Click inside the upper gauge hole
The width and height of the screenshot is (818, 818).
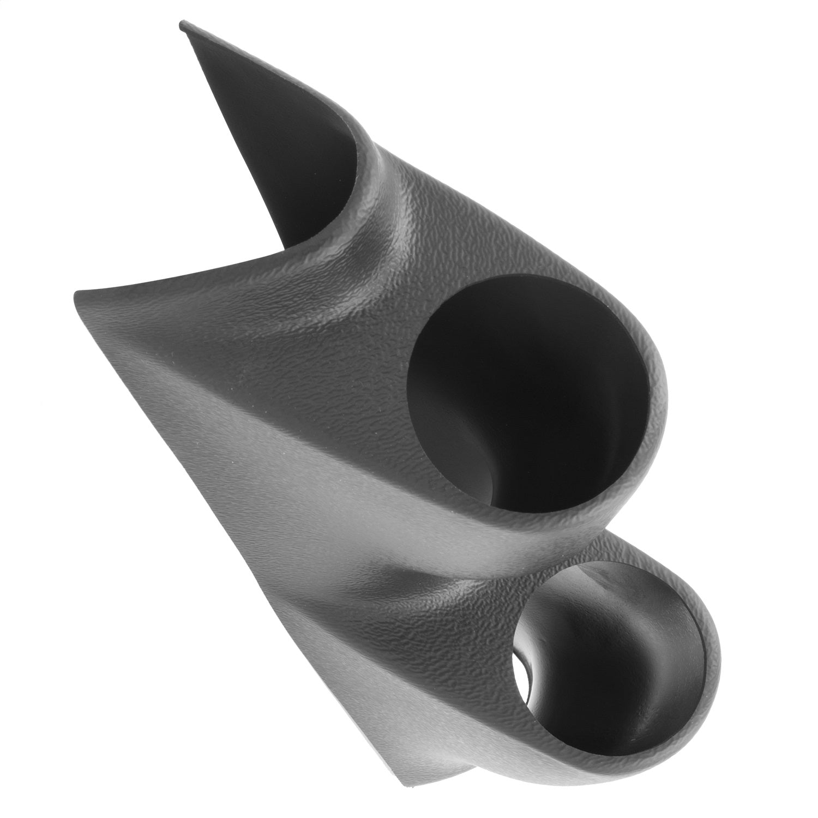pyautogui.click(x=524, y=393)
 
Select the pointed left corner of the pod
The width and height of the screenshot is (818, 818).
pyautogui.click(x=76, y=294)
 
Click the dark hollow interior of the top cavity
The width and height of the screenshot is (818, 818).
pyautogui.click(x=284, y=153)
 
